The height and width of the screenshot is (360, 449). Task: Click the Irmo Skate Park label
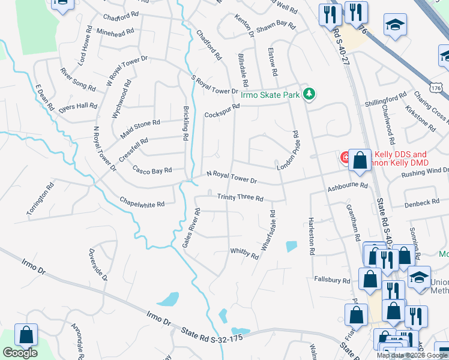270,95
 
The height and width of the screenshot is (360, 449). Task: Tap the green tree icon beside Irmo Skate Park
309,94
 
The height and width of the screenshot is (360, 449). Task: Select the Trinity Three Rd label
240,197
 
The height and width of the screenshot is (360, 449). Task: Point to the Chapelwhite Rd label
142,204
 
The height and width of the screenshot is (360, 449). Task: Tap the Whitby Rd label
244,253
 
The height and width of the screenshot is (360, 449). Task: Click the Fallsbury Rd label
332,280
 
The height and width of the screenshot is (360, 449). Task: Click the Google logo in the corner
19,353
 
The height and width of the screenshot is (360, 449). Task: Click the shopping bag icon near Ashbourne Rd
360,160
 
